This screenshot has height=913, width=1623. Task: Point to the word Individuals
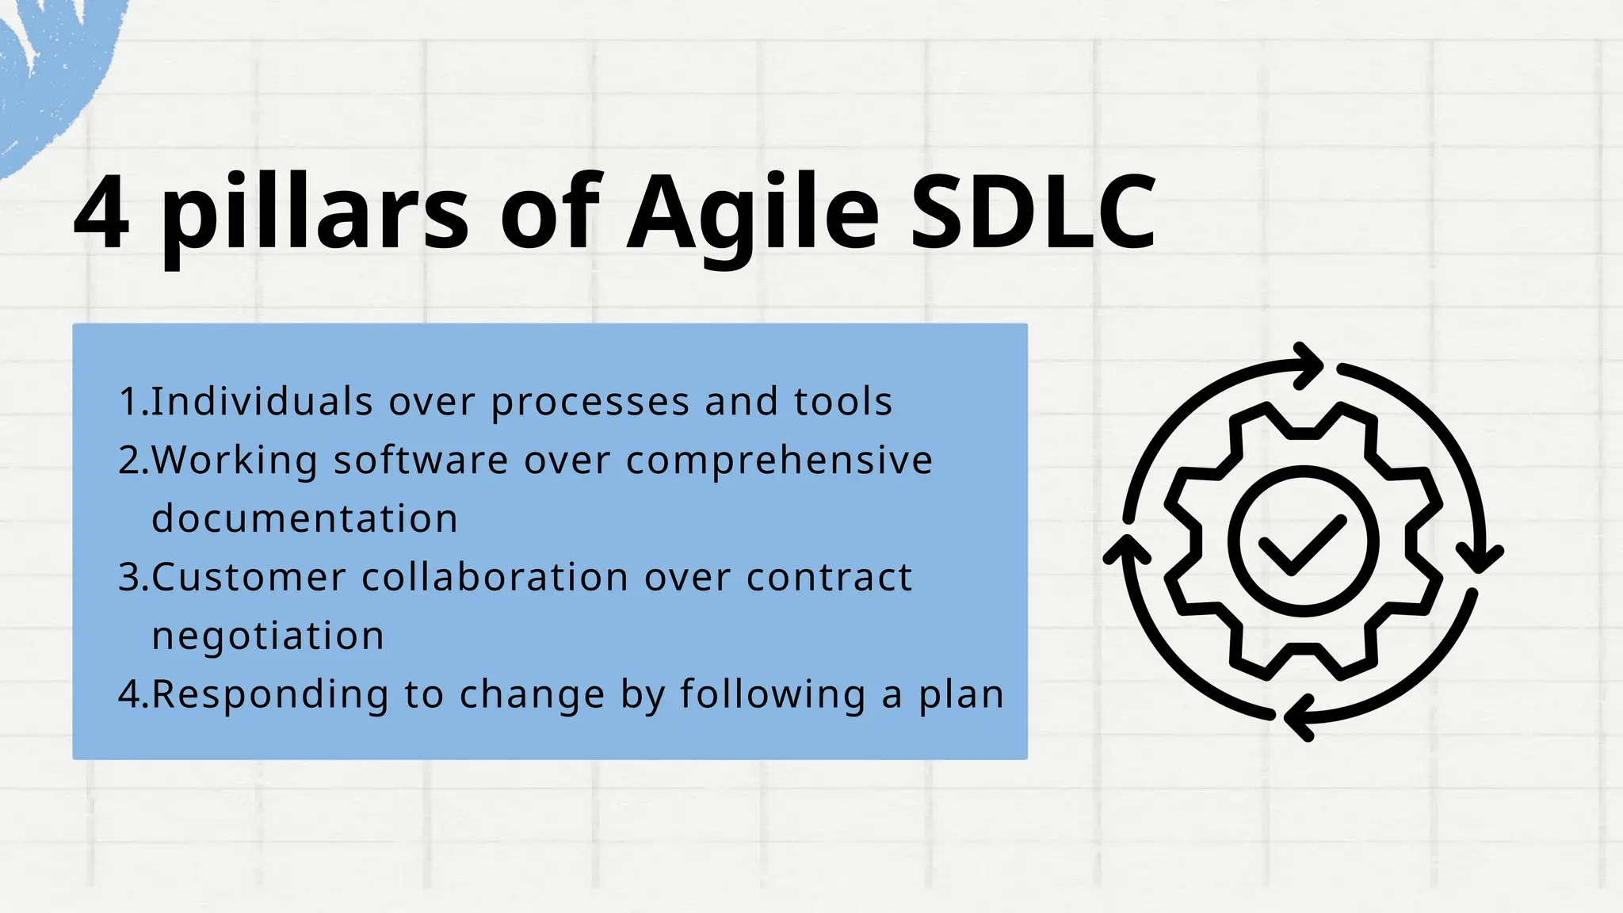262,401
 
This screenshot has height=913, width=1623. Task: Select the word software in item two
421,460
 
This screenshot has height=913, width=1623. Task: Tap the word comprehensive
780,461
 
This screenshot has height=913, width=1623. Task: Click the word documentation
305,518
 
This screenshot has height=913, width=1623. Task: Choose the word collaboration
495,577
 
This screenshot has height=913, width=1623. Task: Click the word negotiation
268,636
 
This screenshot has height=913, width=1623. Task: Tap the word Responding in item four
270,695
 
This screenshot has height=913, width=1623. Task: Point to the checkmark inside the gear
1303,544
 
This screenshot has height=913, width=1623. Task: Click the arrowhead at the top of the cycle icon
1309,365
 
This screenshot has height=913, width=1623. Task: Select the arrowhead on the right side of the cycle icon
1480,558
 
